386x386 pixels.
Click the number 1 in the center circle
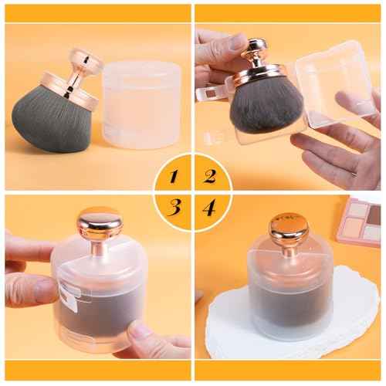(x=174, y=177)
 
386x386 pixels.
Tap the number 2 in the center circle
(x=209, y=175)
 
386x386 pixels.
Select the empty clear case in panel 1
(x=142, y=104)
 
